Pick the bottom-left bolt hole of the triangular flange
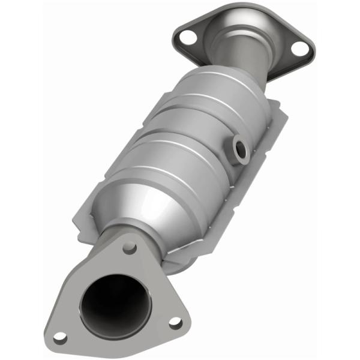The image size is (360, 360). click(x=60, y=337)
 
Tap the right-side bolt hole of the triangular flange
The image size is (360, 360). click(x=175, y=323)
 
